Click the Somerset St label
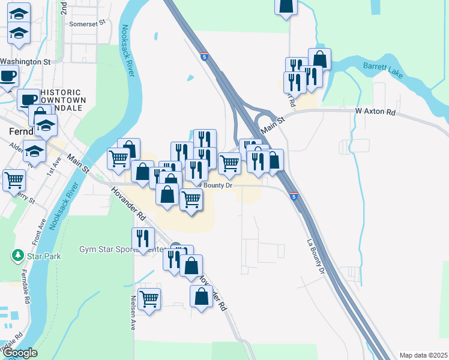click(x=87, y=23)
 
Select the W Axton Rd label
click(x=376, y=112)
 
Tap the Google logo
click(x=20, y=353)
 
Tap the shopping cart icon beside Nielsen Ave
click(x=149, y=299)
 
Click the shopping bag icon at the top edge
click(x=286, y=5)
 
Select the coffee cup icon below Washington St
click(x=8, y=76)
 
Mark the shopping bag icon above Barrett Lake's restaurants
click(x=319, y=59)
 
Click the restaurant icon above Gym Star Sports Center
click(x=142, y=238)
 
